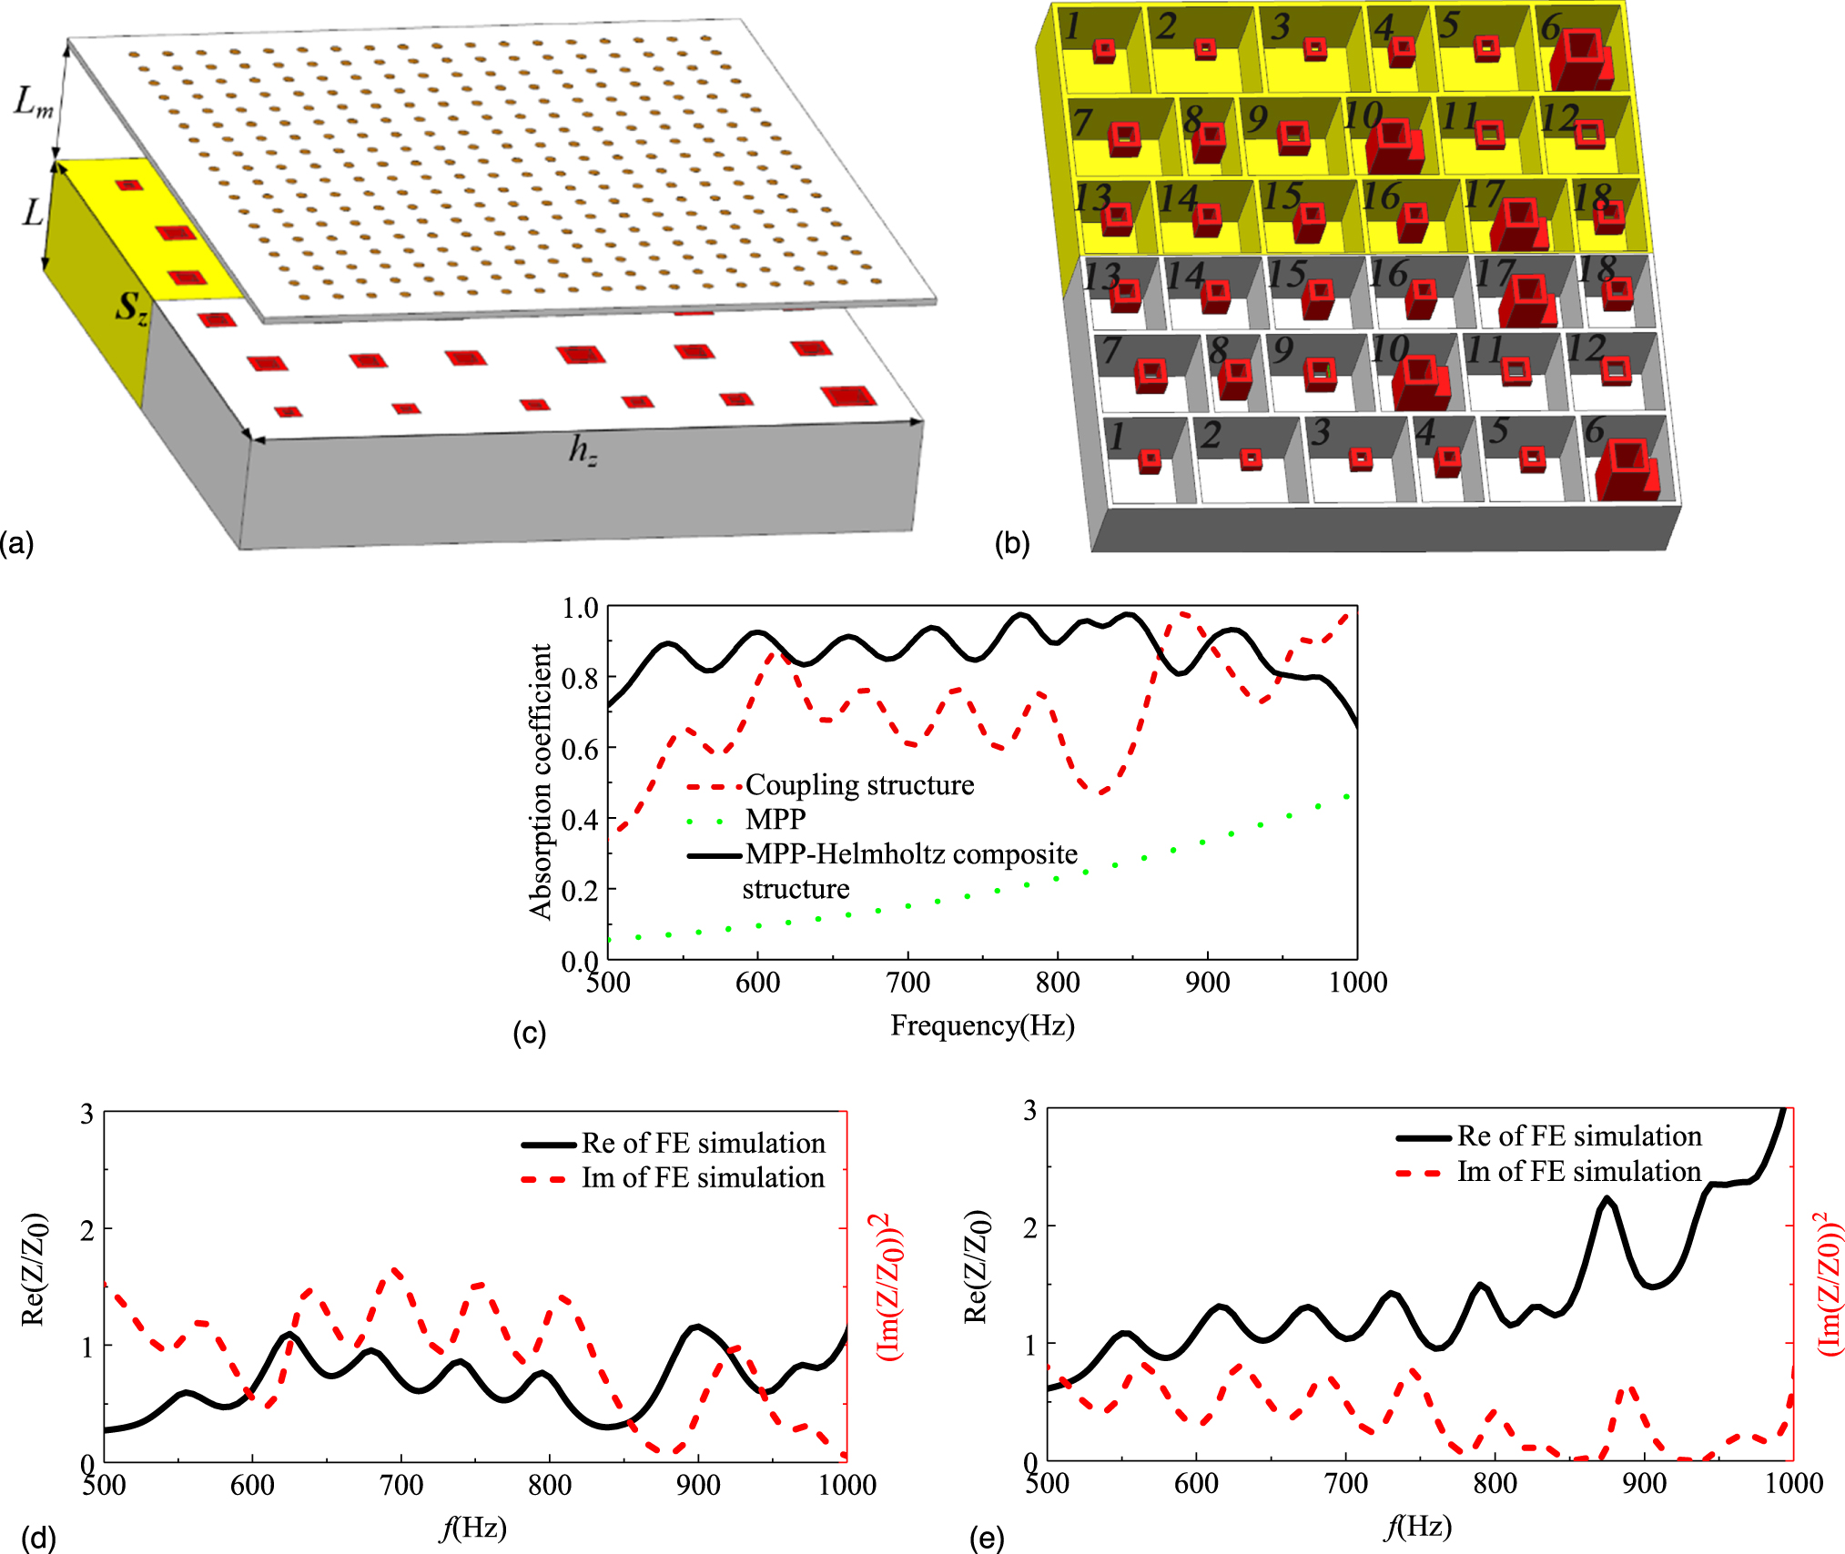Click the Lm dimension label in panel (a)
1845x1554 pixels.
point(34,102)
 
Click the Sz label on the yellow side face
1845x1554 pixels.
point(130,308)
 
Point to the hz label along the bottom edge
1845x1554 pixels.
point(583,449)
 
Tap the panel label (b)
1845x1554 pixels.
point(1011,543)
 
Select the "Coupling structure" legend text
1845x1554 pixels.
point(859,784)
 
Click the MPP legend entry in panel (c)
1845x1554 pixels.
point(775,819)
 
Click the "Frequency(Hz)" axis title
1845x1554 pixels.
point(982,1025)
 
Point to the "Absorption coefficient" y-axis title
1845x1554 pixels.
point(541,782)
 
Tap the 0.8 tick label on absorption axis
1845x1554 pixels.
point(580,678)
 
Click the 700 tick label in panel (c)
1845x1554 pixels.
point(907,983)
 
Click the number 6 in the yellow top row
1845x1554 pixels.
point(1550,26)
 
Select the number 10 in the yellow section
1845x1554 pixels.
point(1363,116)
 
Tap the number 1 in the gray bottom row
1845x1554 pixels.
point(1116,437)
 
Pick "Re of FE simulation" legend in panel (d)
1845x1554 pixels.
point(703,1143)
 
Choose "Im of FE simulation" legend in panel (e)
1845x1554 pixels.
point(1578,1171)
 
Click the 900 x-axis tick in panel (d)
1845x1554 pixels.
point(698,1485)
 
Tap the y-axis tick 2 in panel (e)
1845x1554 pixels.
point(1029,1227)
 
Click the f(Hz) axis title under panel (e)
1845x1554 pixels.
point(1417,1526)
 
